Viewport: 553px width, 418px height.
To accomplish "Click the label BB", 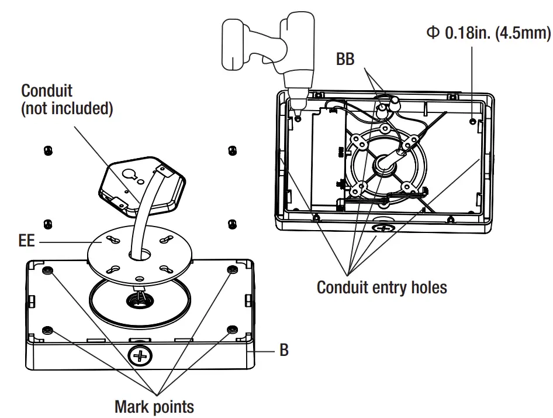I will point(345,59).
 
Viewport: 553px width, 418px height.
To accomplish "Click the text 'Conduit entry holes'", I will point(381,287).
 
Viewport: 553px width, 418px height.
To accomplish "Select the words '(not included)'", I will point(67,109).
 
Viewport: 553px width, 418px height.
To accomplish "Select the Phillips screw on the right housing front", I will point(384,227).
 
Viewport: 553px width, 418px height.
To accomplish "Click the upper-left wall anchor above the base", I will point(47,151).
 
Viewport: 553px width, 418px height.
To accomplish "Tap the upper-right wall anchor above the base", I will point(231,150).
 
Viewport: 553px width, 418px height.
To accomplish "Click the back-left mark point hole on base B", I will point(47,270).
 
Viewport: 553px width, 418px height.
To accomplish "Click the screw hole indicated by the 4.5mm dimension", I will point(472,121).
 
